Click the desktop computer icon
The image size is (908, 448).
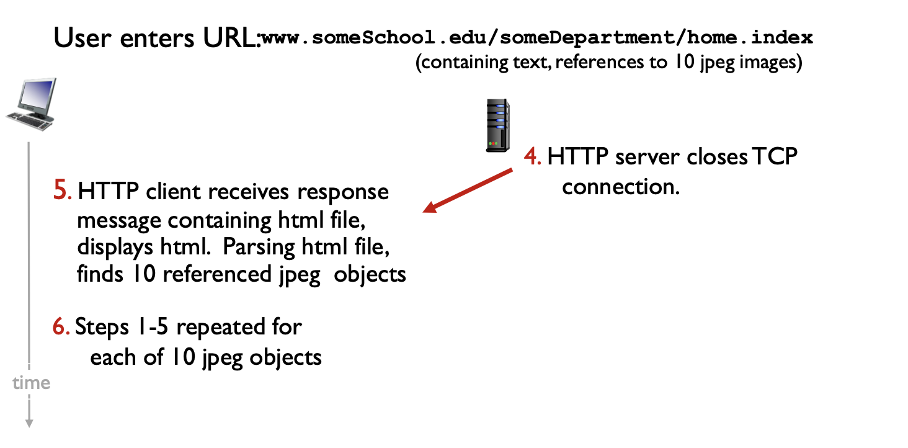(32, 104)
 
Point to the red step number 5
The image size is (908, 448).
(62, 191)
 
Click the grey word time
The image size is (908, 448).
(31, 383)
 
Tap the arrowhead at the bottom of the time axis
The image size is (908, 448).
(29, 423)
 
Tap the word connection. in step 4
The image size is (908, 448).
(621, 186)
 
